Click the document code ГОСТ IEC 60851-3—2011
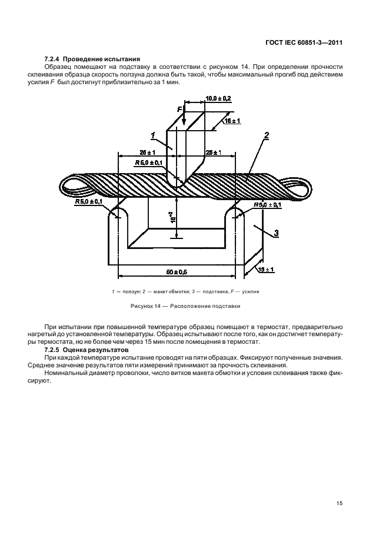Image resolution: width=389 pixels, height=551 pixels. point(304,42)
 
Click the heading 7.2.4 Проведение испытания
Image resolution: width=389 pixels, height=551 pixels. point(92,59)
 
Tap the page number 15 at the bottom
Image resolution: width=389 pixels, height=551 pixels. point(340,503)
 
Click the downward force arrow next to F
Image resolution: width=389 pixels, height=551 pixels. point(185,117)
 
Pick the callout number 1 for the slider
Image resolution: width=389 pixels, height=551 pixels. point(154,137)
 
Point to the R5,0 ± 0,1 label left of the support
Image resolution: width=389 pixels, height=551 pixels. point(88,202)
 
